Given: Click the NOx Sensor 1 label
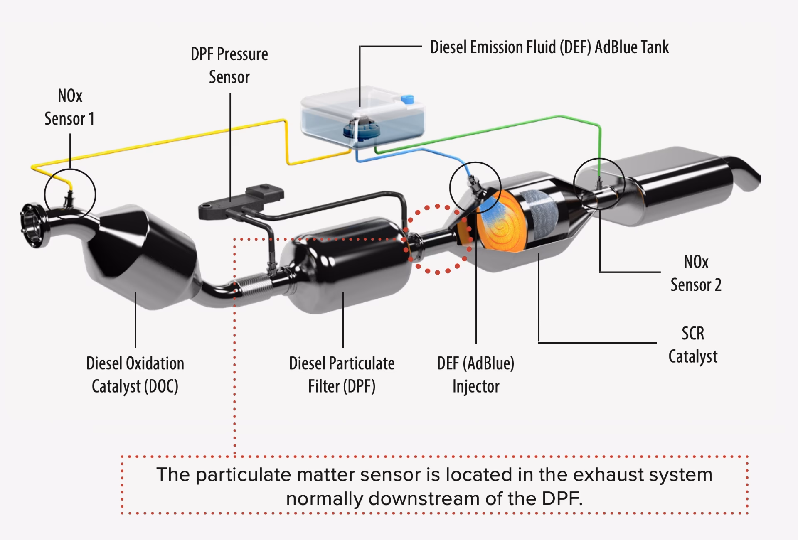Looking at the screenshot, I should click(x=69, y=107).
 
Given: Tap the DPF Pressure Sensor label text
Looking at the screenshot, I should click(x=229, y=66).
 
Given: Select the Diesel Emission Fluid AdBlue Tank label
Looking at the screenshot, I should click(x=549, y=47).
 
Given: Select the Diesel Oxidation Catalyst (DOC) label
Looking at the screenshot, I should click(x=135, y=375).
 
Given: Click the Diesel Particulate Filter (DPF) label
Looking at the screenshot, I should click(x=342, y=375).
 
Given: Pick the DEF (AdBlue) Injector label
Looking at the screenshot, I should click(x=475, y=375).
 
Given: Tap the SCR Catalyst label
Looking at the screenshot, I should click(x=693, y=345).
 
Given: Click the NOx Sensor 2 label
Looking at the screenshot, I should click(x=696, y=273).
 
